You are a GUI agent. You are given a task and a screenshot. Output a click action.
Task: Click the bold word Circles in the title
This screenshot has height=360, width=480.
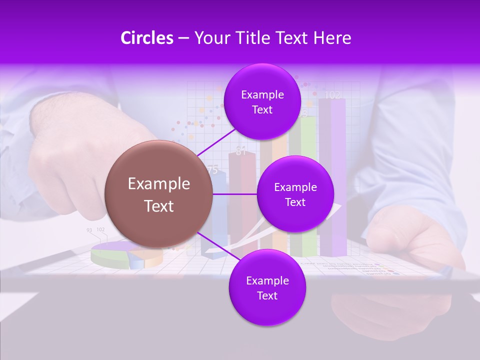pos(146,38)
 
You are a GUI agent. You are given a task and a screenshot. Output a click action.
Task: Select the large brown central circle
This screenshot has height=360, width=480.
pos(159,194)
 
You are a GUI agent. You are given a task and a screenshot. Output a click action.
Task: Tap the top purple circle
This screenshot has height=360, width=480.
pos(262,102)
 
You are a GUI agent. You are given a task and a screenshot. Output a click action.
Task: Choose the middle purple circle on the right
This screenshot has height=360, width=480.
pos(295,194)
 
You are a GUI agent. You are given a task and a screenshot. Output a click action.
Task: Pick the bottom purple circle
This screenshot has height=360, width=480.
pos(267,288)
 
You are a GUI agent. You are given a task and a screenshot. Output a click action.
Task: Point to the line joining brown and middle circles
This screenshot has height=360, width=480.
pos(235,194)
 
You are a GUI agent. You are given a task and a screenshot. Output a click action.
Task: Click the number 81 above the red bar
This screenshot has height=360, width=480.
pos(241,151)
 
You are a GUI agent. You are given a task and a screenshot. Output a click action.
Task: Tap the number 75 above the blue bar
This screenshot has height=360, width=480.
pos(212,170)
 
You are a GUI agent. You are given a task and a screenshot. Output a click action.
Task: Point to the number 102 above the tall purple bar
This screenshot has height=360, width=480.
pos(332,95)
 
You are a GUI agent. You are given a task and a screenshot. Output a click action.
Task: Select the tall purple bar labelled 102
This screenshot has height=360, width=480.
pos(332,175)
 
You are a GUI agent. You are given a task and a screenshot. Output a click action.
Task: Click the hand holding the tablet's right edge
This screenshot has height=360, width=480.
pos(415,240)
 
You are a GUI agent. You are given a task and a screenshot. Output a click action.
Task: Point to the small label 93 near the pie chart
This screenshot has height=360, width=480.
pos(89,230)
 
